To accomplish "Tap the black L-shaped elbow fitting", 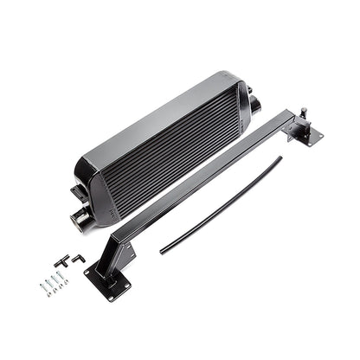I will tap(76, 258).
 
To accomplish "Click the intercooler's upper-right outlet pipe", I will tap(257, 106).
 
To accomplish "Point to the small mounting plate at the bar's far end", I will tap(307, 132).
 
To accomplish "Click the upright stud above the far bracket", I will tap(304, 113).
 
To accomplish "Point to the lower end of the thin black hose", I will tap(162, 252).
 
